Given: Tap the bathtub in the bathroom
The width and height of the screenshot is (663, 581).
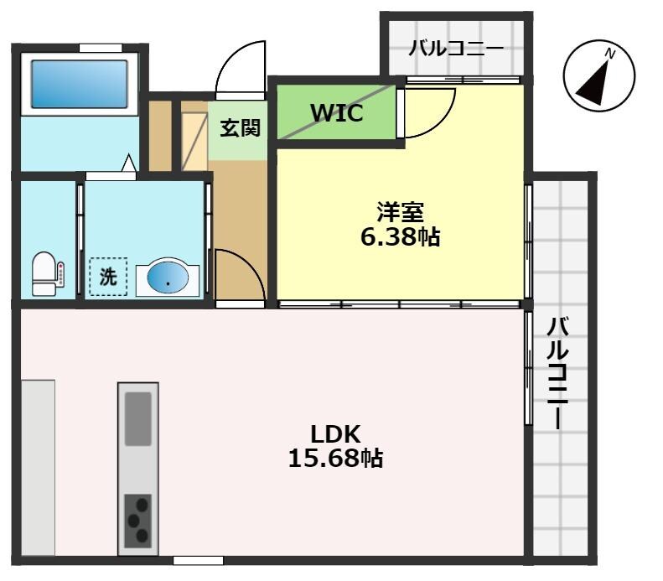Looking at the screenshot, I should (80, 83).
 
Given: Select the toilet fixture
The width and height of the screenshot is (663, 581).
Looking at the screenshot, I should (44, 274).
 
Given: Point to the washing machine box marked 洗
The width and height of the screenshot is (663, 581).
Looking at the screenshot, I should (108, 276).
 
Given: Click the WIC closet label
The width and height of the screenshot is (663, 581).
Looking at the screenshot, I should (336, 113).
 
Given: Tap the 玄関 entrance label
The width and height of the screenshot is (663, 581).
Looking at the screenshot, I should (240, 128).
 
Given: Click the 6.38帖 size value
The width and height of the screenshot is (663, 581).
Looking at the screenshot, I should (400, 237).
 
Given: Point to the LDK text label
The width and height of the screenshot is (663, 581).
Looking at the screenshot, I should (335, 433).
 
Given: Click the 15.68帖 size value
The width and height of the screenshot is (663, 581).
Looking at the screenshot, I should (335, 459).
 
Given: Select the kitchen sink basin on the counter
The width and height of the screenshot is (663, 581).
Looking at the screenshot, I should (138, 418).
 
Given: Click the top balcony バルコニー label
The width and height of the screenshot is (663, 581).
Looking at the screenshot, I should (456, 48).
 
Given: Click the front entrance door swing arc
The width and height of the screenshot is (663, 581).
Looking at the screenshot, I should (241, 69).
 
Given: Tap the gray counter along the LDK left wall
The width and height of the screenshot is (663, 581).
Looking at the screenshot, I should (38, 467).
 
